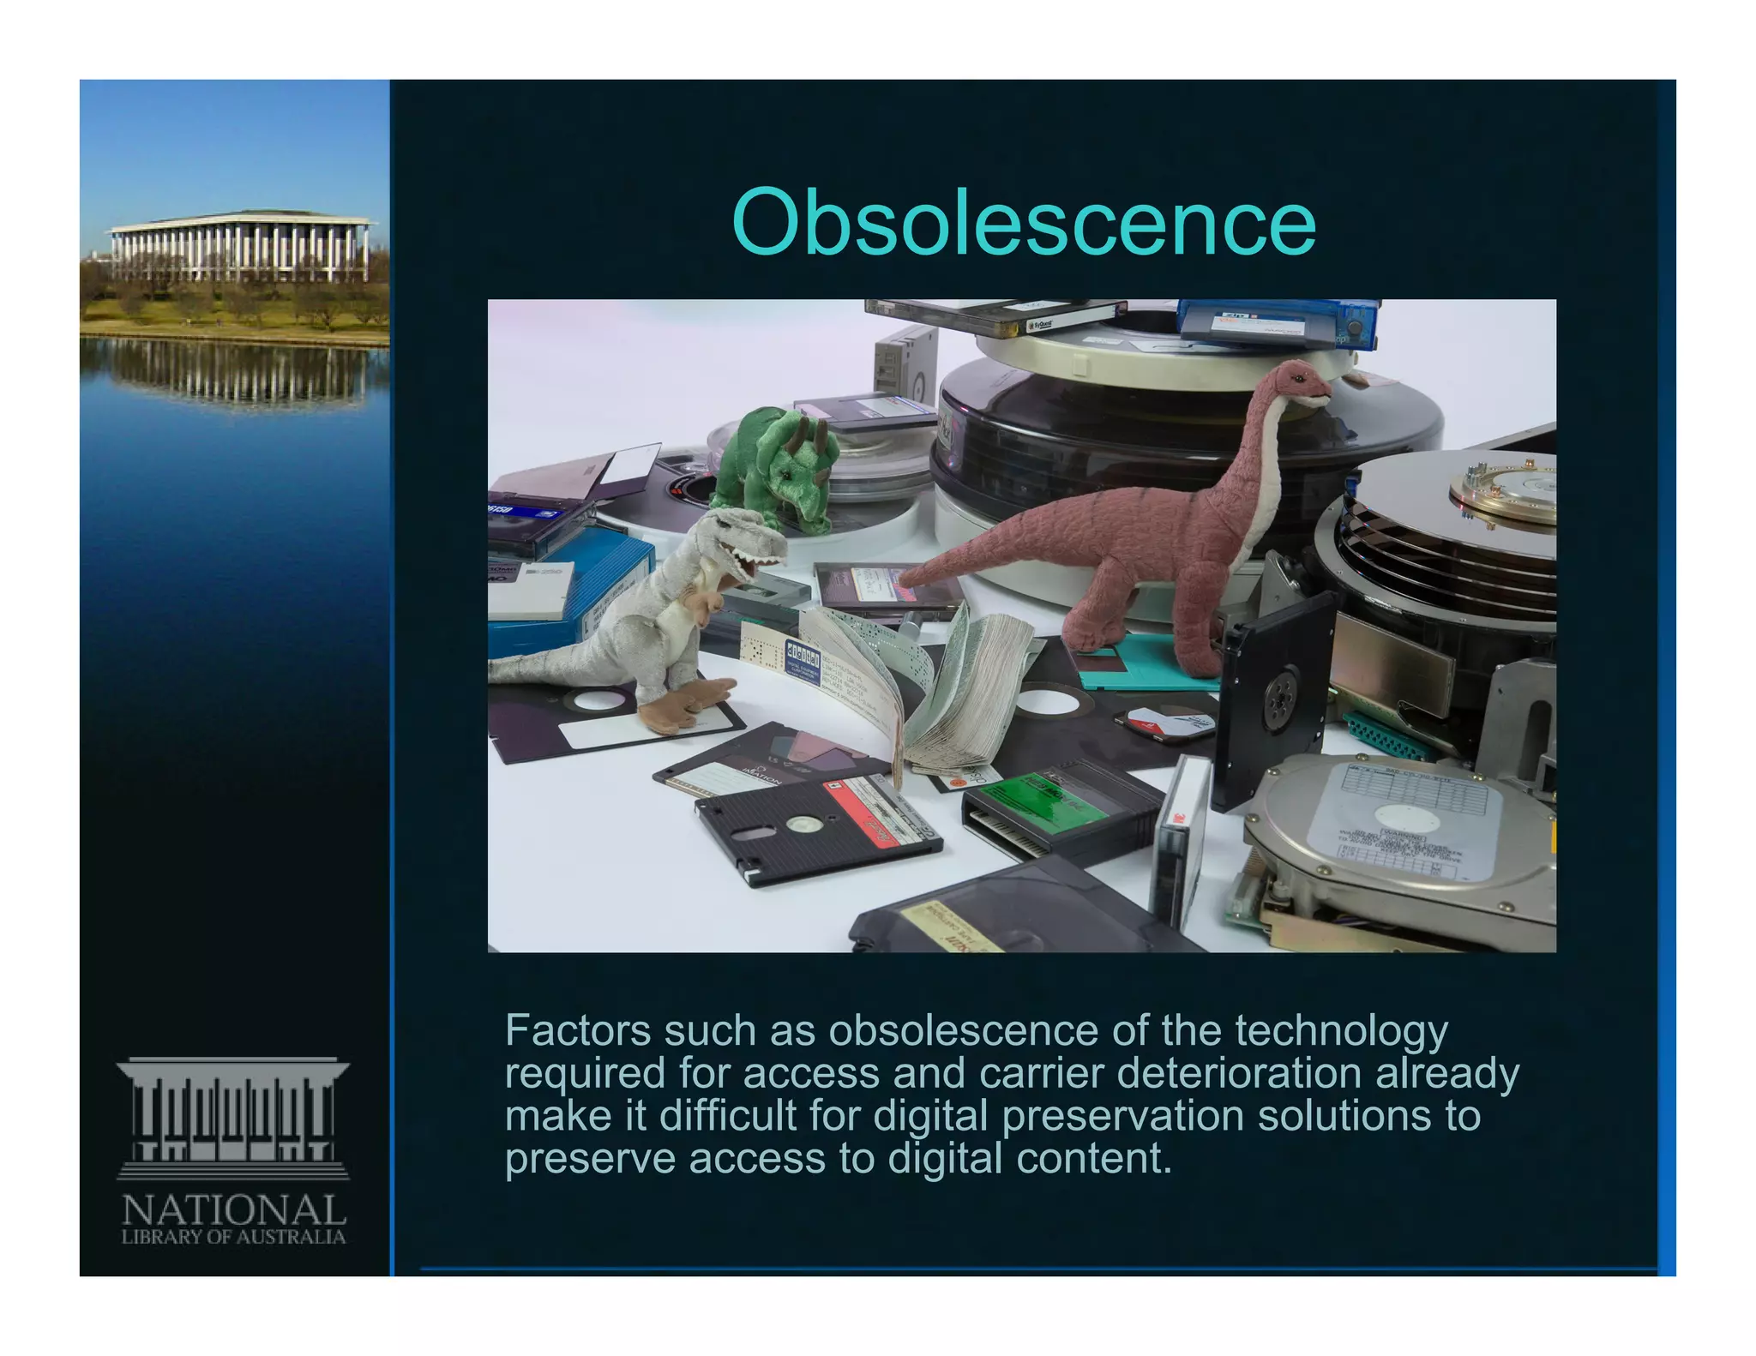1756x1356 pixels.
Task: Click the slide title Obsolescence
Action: [x=1024, y=223]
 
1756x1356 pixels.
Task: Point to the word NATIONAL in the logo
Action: [x=233, y=1209]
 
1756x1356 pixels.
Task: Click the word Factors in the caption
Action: [x=577, y=1030]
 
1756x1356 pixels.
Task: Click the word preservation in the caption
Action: [x=1122, y=1116]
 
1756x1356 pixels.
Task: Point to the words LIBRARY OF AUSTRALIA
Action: [x=233, y=1237]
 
